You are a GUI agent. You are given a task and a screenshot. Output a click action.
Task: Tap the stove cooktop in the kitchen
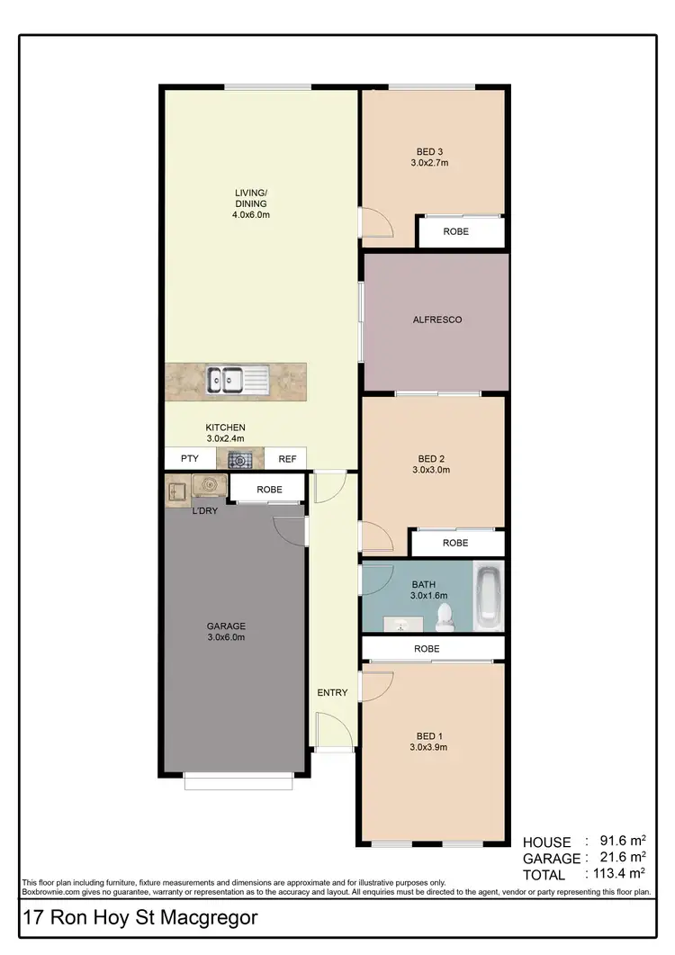(x=240, y=460)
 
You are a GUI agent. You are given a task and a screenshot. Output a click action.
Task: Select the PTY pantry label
(x=190, y=459)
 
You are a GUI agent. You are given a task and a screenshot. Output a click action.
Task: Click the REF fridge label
(x=287, y=459)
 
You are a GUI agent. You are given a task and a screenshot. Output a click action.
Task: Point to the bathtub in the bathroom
(x=489, y=596)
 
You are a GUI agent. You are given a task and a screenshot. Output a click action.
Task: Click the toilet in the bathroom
(x=443, y=616)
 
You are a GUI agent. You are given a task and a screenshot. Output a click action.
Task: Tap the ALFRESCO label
(x=436, y=320)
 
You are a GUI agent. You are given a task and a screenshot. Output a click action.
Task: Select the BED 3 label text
(x=429, y=151)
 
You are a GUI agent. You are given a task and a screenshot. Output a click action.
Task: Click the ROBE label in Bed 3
(x=455, y=232)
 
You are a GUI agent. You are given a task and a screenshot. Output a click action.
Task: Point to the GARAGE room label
(x=226, y=626)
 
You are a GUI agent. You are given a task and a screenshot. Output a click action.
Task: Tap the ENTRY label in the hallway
(x=332, y=692)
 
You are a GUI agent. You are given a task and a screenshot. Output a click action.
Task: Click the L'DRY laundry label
(x=204, y=511)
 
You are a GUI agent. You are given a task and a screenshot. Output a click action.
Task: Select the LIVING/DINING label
(x=251, y=198)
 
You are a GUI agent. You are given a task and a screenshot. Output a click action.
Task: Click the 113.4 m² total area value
(x=616, y=873)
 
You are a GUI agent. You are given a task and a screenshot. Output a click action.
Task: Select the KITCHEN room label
(x=225, y=428)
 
